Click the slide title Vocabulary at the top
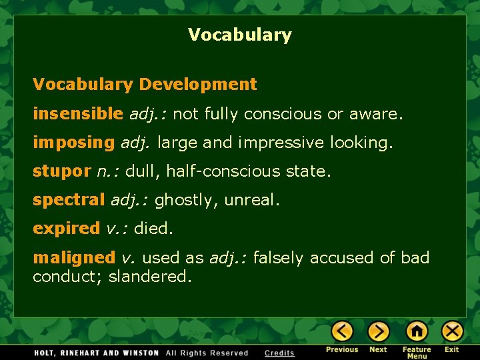coord(239,35)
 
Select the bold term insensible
coord(78,114)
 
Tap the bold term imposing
coord(73,143)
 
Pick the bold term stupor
coord(61,171)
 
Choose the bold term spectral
coord(69,200)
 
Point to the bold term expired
coord(66,229)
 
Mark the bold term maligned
coord(74,257)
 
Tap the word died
coord(153,229)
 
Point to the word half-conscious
coord(215,171)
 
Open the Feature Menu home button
coord(417,331)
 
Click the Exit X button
coord(452,331)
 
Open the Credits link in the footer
coord(279,353)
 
